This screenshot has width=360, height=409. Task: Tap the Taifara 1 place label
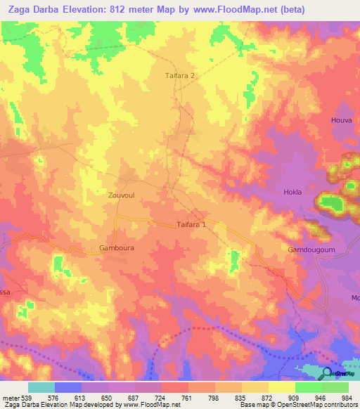pyautogui.click(x=191, y=225)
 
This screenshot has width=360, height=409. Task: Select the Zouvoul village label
pyautogui.click(x=121, y=196)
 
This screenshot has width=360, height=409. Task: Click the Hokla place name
pyautogui.click(x=292, y=192)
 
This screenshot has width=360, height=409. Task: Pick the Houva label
pyautogui.click(x=341, y=121)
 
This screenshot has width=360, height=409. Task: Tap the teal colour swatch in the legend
pyautogui.click(x=41, y=388)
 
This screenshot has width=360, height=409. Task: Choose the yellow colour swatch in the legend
pyautogui.click(x=282, y=388)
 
